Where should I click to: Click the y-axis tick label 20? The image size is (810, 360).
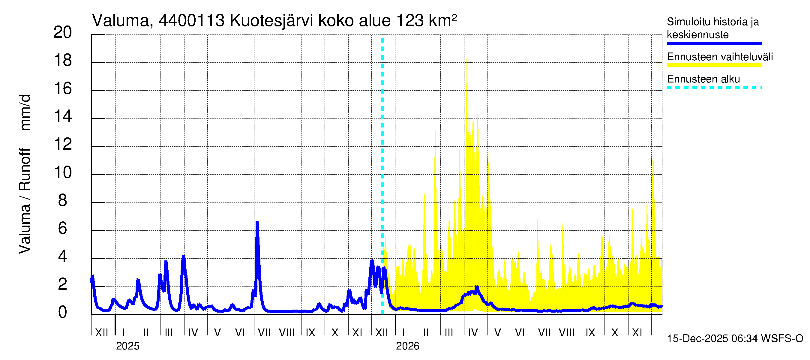[x=63, y=33]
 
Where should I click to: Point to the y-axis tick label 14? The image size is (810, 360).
[x=63, y=117]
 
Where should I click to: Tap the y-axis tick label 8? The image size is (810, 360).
[x=63, y=201]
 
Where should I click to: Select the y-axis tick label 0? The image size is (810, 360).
[x=63, y=313]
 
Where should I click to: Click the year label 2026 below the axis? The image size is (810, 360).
[x=407, y=346]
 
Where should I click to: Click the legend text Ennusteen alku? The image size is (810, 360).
[x=703, y=79]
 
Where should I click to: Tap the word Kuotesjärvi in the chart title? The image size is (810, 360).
[x=271, y=21]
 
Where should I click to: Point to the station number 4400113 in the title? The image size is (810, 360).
[x=191, y=21]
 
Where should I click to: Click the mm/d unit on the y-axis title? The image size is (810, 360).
[x=25, y=112]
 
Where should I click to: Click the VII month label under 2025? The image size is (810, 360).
[x=264, y=333]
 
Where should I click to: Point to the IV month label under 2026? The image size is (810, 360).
[x=473, y=333]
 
